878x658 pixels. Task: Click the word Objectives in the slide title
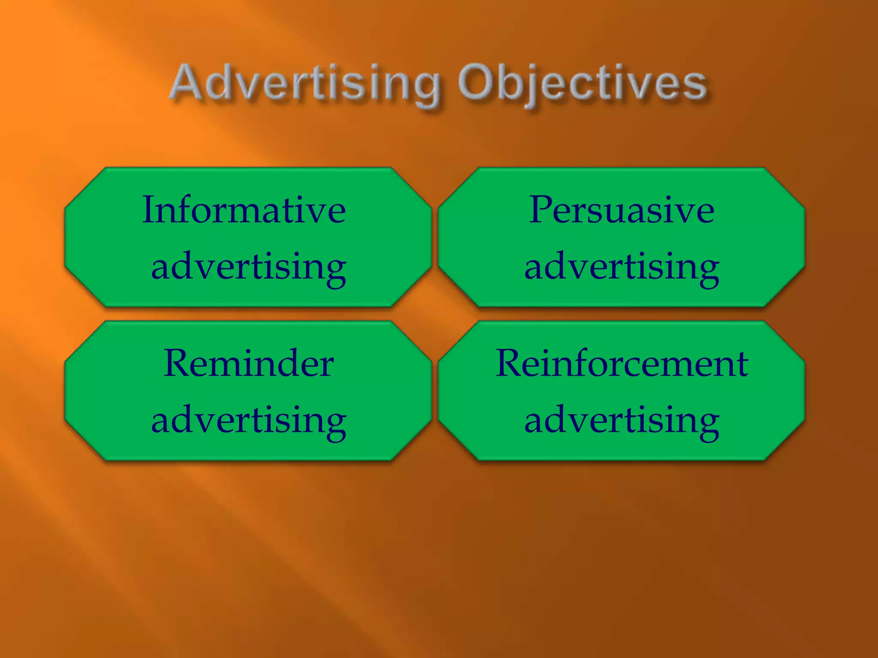pos(582,84)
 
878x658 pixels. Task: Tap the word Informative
pos(244,210)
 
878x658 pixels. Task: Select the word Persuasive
pos(621,210)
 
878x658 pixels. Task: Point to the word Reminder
pos(248,364)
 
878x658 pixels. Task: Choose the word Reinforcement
pos(622,364)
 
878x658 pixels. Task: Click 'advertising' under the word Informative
pos(249,268)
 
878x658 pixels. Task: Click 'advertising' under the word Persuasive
pos(622,268)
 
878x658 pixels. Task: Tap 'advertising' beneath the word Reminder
pos(249,421)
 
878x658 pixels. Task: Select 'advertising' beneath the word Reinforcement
pos(622,421)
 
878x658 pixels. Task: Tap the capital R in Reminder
pos(177,363)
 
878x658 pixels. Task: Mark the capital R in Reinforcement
pos(510,363)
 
